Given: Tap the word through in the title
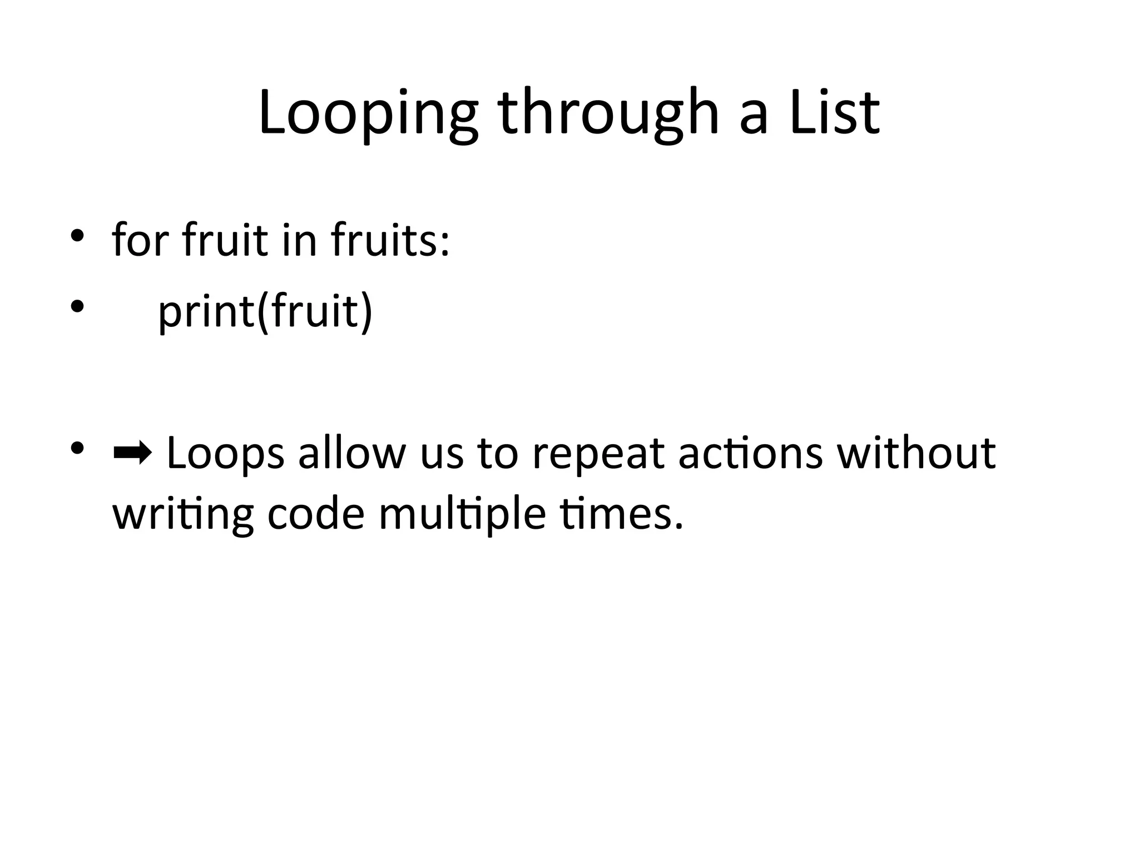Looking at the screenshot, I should (608, 114).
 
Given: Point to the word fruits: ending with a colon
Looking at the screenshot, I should (390, 240).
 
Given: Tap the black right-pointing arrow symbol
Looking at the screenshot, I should (132, 454).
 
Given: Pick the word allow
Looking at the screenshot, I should (351, 453).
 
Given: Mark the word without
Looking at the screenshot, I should (916, 453).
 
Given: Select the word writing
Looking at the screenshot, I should (183, 514).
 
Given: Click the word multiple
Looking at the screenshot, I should (462, 514).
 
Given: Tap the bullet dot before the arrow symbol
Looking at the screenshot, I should (77, 448).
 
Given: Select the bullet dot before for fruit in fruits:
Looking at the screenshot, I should (77, 235).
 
